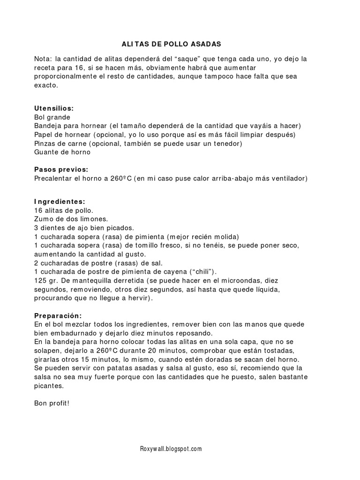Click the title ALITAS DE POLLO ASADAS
tap(171, 44)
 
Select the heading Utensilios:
tap(54, 108)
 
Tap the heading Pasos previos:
tap(61, 169)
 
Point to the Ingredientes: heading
tap(60, 202)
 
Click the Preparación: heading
tap(58, 315)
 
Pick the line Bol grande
tap(52, 117)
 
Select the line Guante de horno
tap(62, 152)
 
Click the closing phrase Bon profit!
tap(52, 403)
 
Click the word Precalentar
tap(53, 178)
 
